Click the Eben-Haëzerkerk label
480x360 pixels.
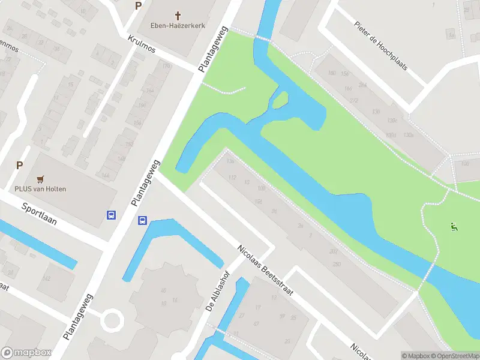click(178, 26)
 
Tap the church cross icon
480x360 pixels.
click(178, 14)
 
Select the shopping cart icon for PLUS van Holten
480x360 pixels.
click(41, 178)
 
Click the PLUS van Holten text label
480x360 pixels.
click(41, 188)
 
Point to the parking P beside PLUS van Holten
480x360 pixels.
click(19, 165)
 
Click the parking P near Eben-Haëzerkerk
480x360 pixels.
click(139, 6)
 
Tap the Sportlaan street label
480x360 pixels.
click(38, 213)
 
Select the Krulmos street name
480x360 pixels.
click(142, 43)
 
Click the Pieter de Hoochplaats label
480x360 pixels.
click(380, 46)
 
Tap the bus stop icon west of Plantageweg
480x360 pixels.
click(111, 215)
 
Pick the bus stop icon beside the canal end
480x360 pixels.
click(142, 220)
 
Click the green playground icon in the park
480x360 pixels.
click(454, 227)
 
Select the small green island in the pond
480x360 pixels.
click(281, 101)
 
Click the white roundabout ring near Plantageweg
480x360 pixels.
click(112, 320)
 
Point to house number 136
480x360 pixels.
click(230, 161)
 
